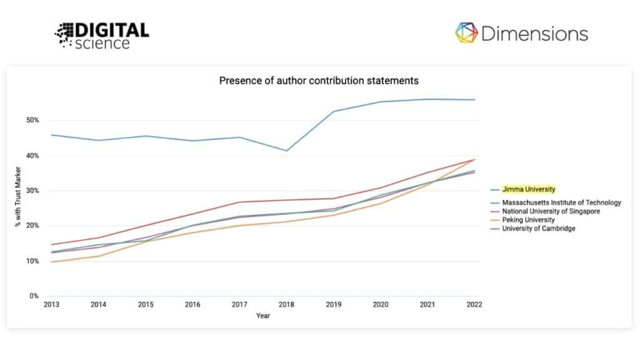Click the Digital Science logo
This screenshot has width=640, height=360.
(101, 36)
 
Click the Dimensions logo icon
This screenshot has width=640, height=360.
(466, 33)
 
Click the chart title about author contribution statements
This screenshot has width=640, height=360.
(319, 81)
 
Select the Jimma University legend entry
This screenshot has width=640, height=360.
(529, 189)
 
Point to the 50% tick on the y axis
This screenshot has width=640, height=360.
(32, 120)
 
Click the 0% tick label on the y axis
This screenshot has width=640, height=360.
(34, 296)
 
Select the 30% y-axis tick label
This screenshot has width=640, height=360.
(32, 191)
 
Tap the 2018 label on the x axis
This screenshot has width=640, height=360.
(286, 304)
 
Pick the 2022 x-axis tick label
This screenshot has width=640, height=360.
(474, 304)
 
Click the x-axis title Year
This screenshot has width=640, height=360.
(263, 316)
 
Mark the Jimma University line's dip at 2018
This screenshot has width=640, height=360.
(286, 151)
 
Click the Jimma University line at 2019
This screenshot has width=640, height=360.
(334, 111)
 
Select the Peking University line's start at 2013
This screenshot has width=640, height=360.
(51, 262)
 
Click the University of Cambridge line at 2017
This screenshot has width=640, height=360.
(239, 202)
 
